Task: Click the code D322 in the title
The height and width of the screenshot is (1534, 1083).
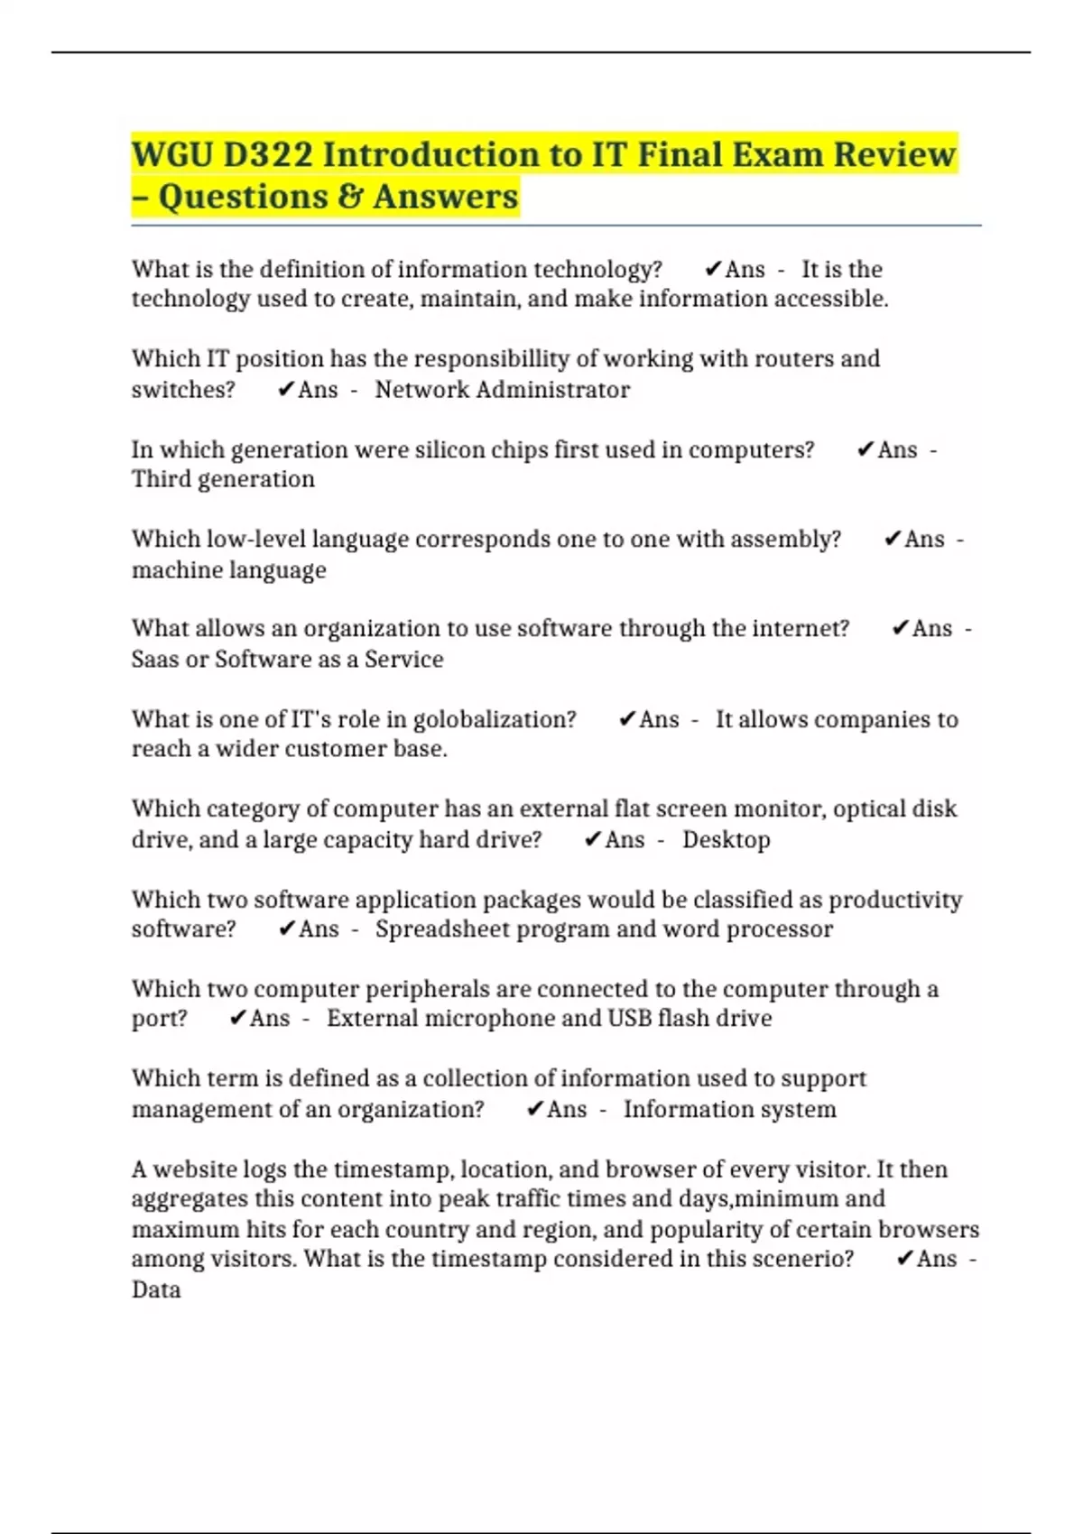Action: point(268,155)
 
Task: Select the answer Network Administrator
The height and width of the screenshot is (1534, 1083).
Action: point(502,390)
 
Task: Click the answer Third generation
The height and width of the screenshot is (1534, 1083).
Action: point(223,479)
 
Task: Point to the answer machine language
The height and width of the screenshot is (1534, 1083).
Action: point(228,570)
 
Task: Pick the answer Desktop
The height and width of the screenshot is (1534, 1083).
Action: point(726,840)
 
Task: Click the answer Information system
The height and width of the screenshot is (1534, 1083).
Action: point(729,1109)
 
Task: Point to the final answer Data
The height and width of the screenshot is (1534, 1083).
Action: point(156,1289)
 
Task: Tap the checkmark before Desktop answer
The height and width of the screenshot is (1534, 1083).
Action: point(592,840)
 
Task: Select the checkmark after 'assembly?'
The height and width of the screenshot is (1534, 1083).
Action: point(893,540)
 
